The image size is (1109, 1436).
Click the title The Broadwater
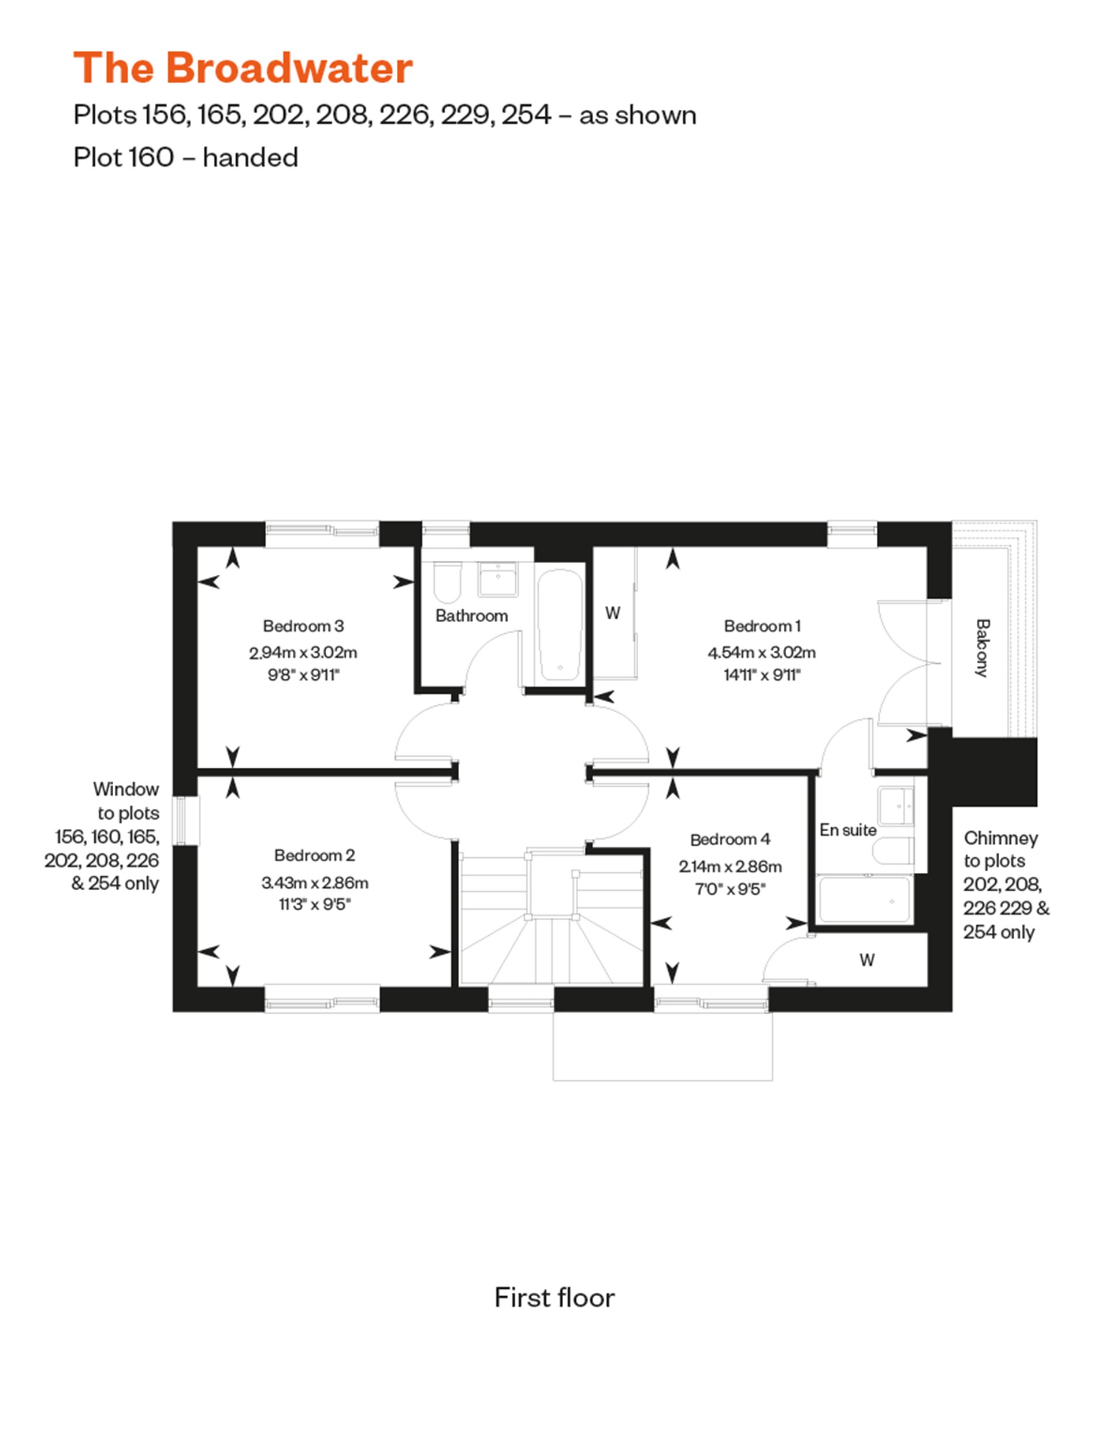[x=243, y=68]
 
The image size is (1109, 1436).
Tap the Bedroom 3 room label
[x=303, y=626]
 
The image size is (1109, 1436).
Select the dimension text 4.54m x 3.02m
[x=761, y=652]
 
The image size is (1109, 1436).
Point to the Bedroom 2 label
[x=314, y=855]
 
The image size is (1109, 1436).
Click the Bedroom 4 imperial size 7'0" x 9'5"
[x=730, y=889]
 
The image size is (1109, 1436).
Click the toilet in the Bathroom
[x=448, y=583]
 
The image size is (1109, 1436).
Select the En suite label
[x=847, y=830]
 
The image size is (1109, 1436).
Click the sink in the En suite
[x=896, y=805]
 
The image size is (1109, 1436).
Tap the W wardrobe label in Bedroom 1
[x=612, y=613]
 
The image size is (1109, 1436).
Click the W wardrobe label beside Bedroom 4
[x=866, y=960]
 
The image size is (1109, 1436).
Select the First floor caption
[x=554, y=1297]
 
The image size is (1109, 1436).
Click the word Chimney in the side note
[x=1000, y=838]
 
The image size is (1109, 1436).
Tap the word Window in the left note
[x=125, y=788]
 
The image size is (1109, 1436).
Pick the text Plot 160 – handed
[x=186, y=157]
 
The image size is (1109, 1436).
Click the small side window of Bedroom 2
[x=185, y=821]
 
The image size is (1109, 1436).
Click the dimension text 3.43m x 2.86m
[x=314, y=883]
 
